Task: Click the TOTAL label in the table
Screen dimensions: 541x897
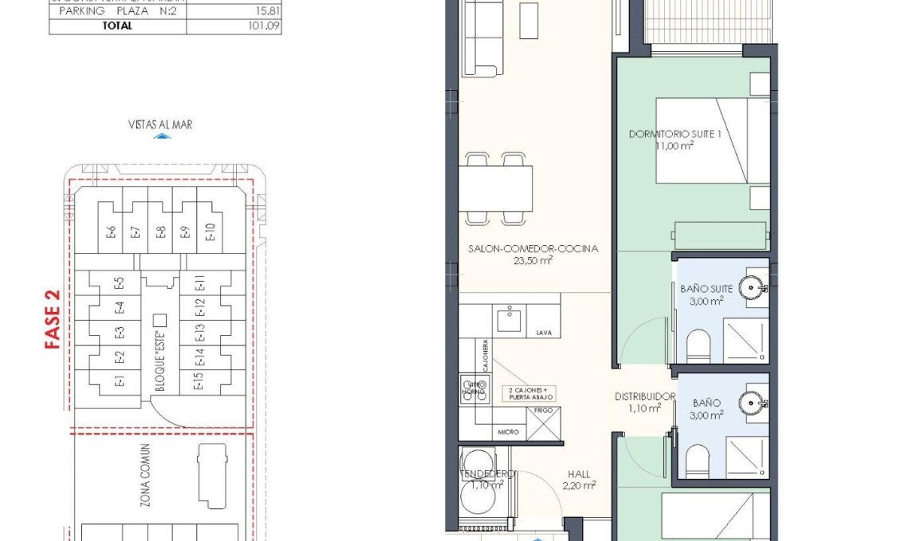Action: (x=117, y=26)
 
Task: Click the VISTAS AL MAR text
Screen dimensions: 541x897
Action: (x=160, y=124)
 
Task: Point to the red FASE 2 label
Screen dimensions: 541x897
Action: (x=53, y=319)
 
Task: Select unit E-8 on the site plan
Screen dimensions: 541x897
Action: (x=160, y=232)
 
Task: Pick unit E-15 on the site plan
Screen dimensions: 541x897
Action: (x=198, y=382)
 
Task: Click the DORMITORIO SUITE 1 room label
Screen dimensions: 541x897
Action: (x=675, y=134)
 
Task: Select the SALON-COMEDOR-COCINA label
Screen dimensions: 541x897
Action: (x=533, y=249)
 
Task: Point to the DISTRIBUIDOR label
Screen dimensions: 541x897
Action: (x=644, y=397)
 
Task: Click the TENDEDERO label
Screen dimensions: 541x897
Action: (x=486, y=473)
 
